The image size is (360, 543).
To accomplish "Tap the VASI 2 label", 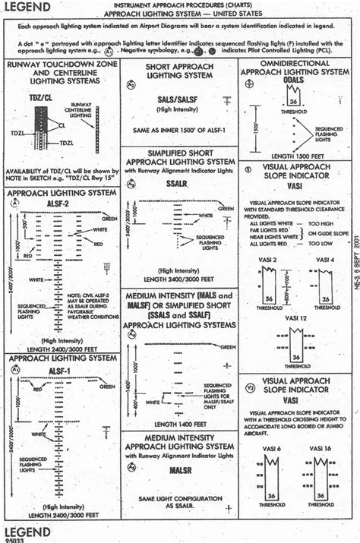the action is [x=265, y=260].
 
